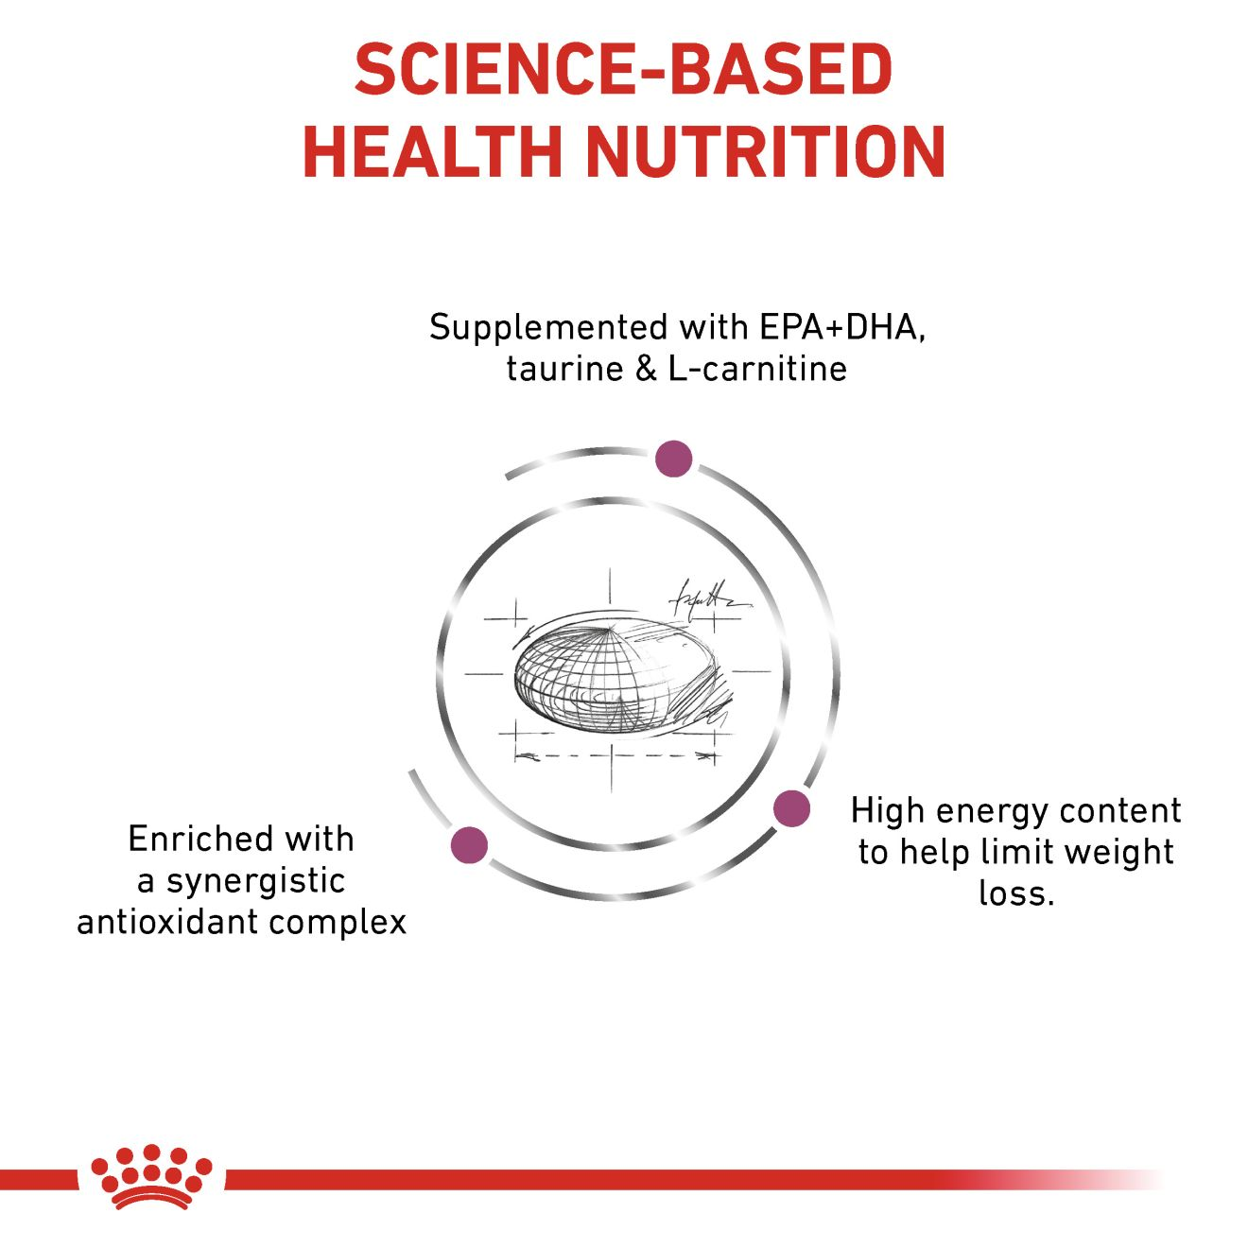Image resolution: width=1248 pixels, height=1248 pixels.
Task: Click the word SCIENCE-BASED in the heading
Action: (x=624, y=70)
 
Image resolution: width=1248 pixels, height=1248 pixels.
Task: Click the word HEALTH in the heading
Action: (x=432, y=152)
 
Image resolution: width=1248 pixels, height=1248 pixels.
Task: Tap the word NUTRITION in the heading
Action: (x=766, y=152)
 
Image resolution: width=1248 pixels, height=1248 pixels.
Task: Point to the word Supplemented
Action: (x=549, y=329)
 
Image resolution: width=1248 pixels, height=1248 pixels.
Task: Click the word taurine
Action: (x=564, y=370)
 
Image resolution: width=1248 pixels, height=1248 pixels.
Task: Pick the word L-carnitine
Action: (x=757, y=369)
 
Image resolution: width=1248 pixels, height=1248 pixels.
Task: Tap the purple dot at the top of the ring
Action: (x=673, y=459)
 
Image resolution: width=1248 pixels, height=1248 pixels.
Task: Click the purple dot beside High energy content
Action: (x=792, y=808)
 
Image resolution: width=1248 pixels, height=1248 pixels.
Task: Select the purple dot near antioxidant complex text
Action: (x=470, y=844)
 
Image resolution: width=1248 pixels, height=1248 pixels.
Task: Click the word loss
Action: (x=1014, y=893)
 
